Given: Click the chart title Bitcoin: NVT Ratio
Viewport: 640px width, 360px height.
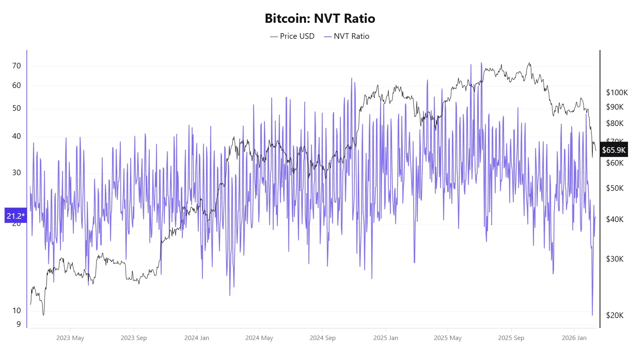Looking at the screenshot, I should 320,18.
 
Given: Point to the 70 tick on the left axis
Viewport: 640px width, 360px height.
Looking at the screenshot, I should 16,66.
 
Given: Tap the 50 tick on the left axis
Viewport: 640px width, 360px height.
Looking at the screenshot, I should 16,108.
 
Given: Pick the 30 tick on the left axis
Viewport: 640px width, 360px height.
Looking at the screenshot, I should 16,172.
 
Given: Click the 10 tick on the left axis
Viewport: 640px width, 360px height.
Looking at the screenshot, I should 16,310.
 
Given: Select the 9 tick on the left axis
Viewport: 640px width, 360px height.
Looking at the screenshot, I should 18,324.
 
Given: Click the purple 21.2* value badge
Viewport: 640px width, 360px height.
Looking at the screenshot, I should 16,216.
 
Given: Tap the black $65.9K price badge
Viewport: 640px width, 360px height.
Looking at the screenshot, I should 614,150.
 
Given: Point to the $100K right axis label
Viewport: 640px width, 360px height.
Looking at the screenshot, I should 617,92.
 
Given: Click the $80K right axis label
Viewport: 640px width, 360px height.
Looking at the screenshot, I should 615,123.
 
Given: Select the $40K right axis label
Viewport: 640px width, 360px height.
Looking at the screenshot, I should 615,219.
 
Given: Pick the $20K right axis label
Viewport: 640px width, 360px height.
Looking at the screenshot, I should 615,315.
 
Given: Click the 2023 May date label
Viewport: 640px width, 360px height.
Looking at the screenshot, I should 70,338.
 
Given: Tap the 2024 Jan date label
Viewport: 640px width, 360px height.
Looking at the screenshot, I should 196,338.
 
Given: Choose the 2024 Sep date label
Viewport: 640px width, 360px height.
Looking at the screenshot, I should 322,338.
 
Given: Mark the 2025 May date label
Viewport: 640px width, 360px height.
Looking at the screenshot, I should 448,338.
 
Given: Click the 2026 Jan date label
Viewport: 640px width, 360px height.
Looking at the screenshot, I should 574,338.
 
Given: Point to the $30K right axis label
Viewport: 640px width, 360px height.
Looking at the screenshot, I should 615,259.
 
